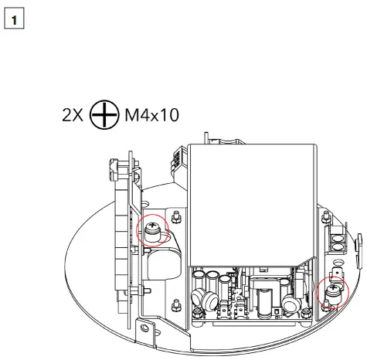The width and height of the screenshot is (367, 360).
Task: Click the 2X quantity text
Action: (74, 116)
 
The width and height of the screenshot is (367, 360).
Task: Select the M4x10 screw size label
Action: (151, 116)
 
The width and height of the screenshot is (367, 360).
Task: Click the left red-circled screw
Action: (151, 229)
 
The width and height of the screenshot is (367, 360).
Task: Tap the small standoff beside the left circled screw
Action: (176, 217)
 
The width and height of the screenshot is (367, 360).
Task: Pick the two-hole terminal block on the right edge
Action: (337, 243)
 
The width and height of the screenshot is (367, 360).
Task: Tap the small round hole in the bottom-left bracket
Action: (144, 334)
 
